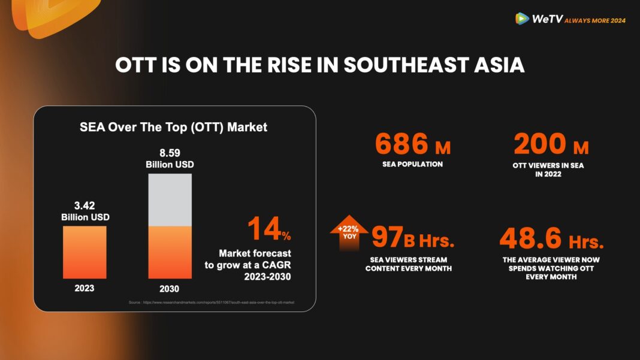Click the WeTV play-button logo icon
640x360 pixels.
[x=522, y=19]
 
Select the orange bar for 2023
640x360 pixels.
[x=84, y=252]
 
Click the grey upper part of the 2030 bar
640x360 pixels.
[x=170, y=199]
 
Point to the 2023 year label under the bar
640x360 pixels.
[x=84, y=288]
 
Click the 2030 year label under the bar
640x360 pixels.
[x=170, y=288]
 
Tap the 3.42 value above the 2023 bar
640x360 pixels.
[x=84, y=207]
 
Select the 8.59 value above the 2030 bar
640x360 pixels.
[x=170, y=154]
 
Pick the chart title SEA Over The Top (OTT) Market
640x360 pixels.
[x=174, y=127]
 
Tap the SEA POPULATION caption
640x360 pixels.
[x=413, y=164]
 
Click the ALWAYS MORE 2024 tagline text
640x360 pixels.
[x=595, y=20]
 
